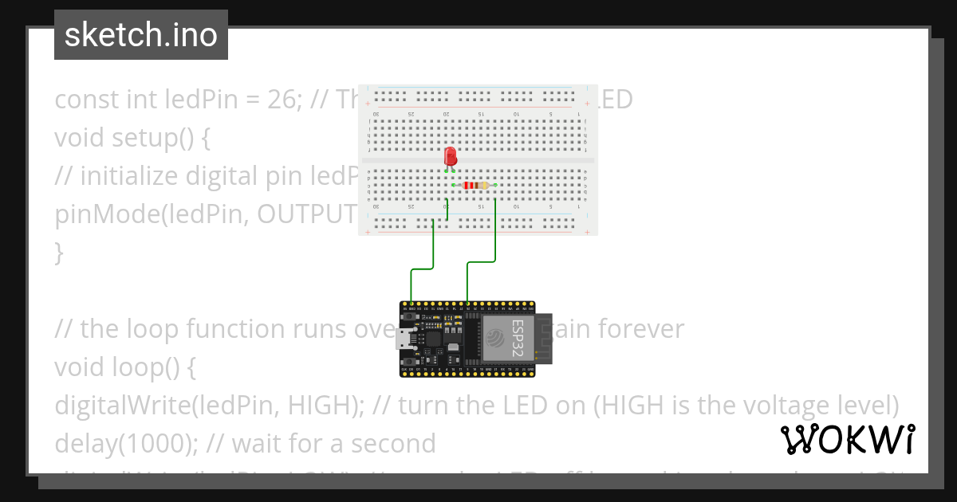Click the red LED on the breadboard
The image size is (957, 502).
point(451,155)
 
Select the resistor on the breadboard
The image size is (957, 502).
point(475,186)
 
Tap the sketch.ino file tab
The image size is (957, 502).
point(141,35)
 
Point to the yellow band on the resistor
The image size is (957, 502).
point(483,186)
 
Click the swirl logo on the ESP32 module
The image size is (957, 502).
point(495,340)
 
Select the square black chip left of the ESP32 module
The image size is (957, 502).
point(434,339)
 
